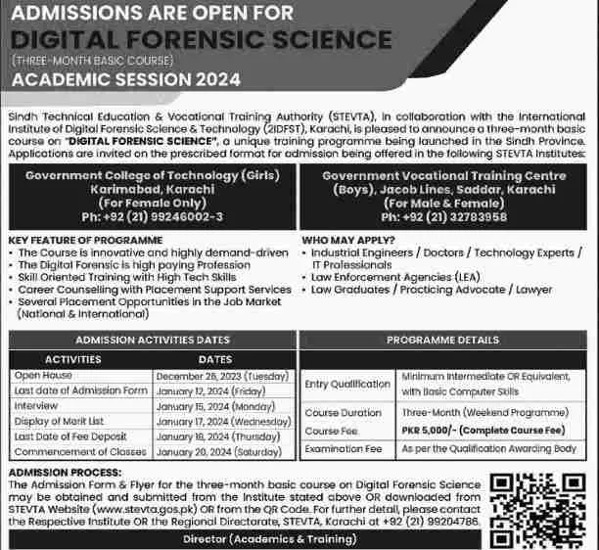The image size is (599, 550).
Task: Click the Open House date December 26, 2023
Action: pos(218,375)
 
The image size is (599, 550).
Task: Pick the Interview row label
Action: pos(37,406)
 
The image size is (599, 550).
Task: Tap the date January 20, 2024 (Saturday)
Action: pos(218,452)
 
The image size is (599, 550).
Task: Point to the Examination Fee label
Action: pos(343,448)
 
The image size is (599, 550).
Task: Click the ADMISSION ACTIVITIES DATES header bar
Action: pos(150,339)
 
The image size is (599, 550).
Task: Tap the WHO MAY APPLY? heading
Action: pos(348,240)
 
